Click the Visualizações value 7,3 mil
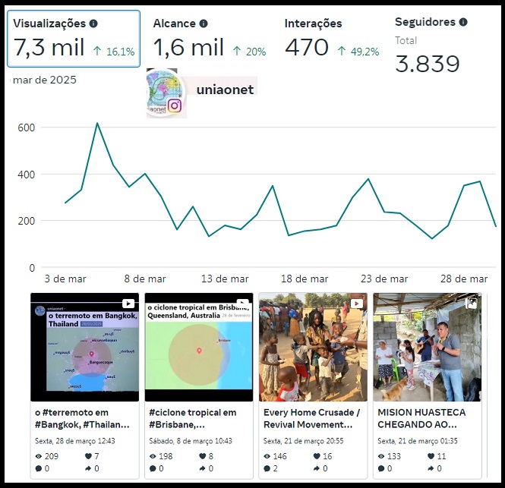pyautogui.click(x=49, y=49)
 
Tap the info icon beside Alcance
pyautogui.click(x=204, y=24)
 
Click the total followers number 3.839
pyautogui.click(x=428, y=64)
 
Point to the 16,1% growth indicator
pyautogui.click(x=113, y=52)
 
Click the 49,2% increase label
pyautogui.click(x=358, y=52)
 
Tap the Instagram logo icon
pyautogui.click(x=175, y=105)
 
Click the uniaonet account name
pyautogui.click(x=225, y=90)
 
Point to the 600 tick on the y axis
pyautogui.click(x=27, y=128)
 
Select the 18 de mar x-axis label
pyautogui.click(x=305, y=279)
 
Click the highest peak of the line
pyautogui.click(x=97, y=123)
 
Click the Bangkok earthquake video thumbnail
pyautogui.click(x=84, y=347)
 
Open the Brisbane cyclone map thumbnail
pyautogui.click(x=198, y=347)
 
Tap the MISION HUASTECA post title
pyautogui.click(x=421, y=418)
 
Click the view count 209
pyautogui.click(x=52, y=456)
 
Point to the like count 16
pyautogui.click(x=327, y=456)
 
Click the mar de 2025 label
pyautogui.click(x=45, y=80)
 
